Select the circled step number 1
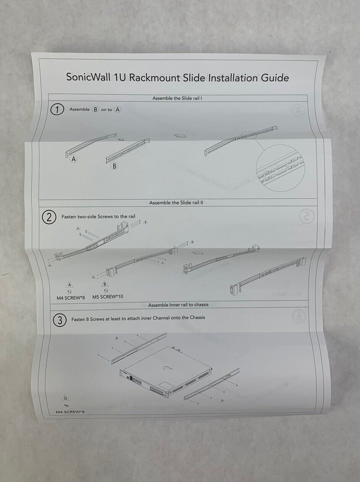57,110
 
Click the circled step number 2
49,218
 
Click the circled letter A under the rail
74,160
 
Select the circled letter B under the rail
114,166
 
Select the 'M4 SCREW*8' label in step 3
66,412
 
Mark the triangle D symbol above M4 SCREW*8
65,397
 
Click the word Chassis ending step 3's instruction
195,318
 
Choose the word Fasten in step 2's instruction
70,216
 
